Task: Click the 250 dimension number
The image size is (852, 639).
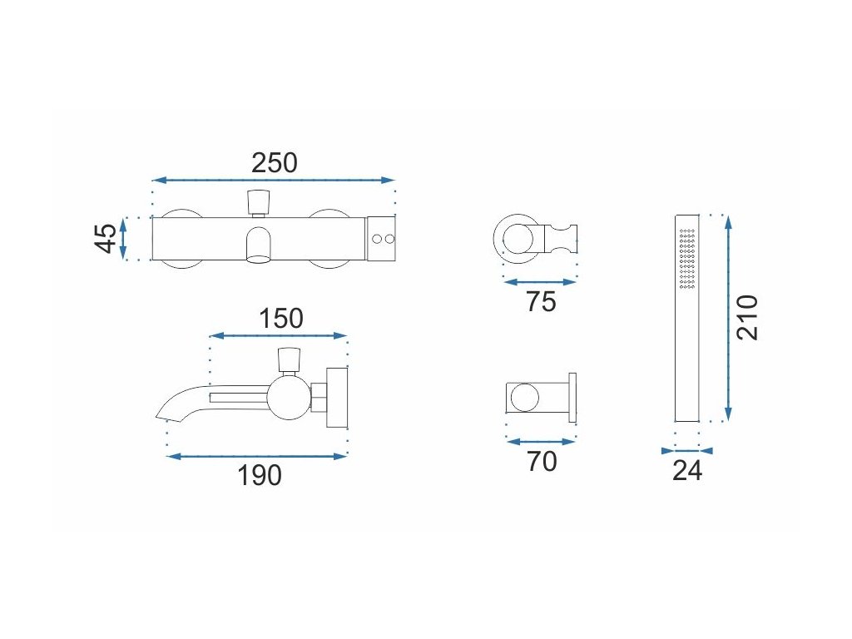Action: click(x=274, y=162)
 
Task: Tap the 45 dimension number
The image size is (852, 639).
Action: click(x=105, y=238)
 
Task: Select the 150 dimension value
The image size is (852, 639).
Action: click(x=280, y=318)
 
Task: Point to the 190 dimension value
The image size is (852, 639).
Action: click(x=260, y=476)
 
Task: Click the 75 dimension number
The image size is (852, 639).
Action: click(x=541, y=301)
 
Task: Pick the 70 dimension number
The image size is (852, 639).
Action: click(x=542, y=460)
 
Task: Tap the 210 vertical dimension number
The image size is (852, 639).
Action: click(x=748, y=316)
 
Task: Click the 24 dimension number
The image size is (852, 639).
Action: click(x=687, y=471)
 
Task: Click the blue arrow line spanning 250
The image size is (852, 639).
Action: click(x=274, y=180)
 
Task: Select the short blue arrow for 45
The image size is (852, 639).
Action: click(x=124, y=238)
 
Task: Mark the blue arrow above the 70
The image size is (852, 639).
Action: click(x=541, y=443)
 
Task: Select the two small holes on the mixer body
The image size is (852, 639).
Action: click(x=382, y=239)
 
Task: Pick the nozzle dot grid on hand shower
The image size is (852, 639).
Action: click(x=687, y=259)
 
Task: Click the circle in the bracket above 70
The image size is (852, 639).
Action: click(x=525, y=398)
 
